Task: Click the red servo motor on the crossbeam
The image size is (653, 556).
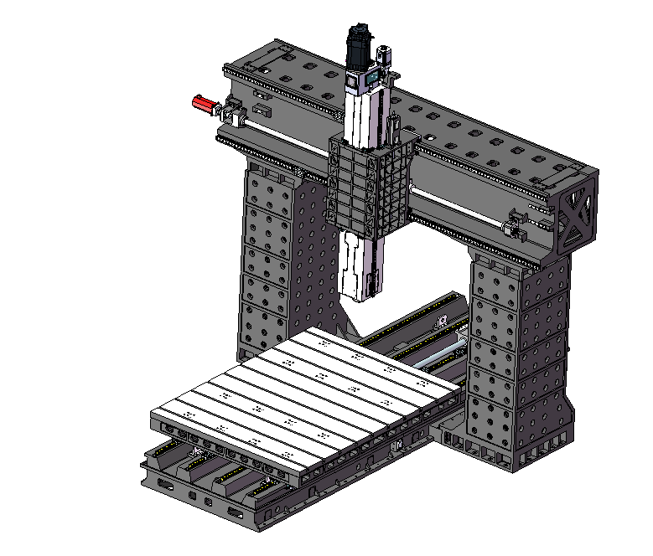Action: [204, 105]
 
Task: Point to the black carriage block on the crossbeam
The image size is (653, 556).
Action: [369, 186]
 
